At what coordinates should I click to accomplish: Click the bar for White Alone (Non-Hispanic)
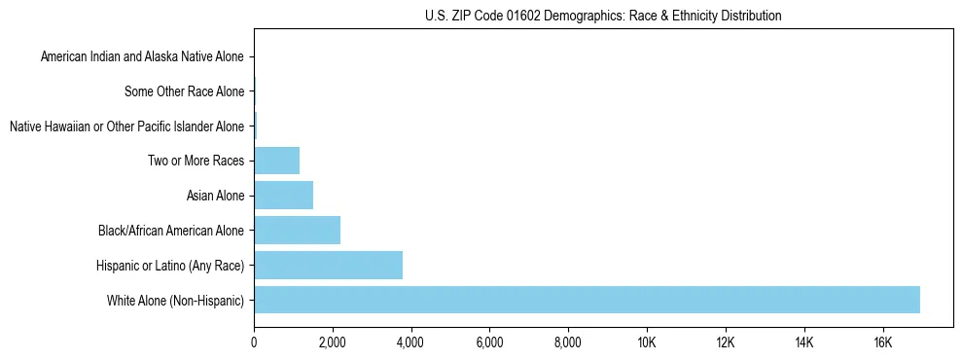click(x=587, y=300)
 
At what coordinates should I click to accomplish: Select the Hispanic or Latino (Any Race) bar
click(x=328, y=266)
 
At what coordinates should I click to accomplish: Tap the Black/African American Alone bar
click(x=297, y=231)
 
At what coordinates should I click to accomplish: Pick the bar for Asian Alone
click(x=283, y=196)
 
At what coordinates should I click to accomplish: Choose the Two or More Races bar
click(x=276, y=161)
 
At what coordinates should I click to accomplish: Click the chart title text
click(x=603, y=16)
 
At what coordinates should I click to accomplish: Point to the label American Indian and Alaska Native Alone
click(x=142, y=57)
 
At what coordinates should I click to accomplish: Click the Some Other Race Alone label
click(x=185, y=92)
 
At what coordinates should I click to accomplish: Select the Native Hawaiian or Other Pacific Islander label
click(x=126, y=126)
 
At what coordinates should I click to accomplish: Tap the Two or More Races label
click(x=196, y=162)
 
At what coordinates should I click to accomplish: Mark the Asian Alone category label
click(x=215, y=197)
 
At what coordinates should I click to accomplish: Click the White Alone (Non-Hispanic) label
click(x=175, y=301)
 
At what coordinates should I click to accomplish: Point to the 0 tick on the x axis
click(x=254, y=342)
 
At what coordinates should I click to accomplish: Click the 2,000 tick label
click(x=333, y=342)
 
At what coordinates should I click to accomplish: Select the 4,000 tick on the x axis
click(x=410, y=342)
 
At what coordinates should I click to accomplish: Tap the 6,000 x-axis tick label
click(x=489, y=342)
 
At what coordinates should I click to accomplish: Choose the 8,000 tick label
click(x=568, y=342)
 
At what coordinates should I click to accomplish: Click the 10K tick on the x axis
click(x=647, y=342)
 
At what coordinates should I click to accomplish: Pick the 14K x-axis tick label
click(x=803, y=342)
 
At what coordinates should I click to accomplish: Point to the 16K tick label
click(x=882, y=342)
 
